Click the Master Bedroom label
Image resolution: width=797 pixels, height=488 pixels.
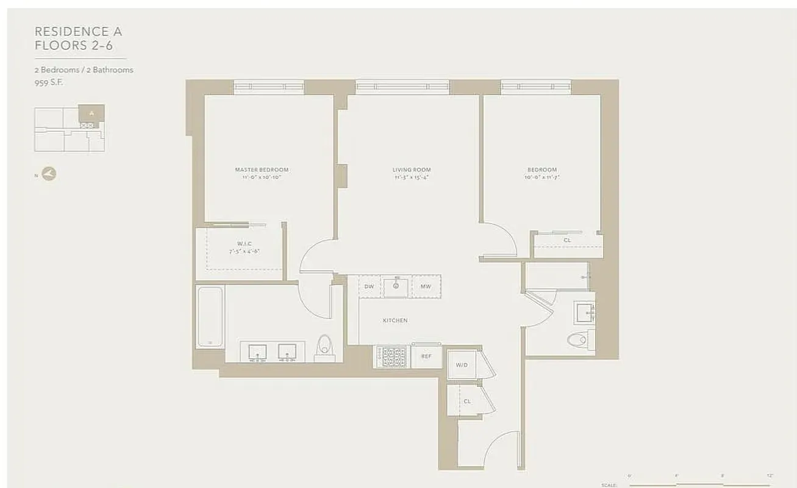262,170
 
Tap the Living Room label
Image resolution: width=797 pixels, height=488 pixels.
412,170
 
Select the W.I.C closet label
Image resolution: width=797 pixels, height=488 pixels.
244,243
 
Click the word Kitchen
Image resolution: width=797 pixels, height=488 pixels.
395,320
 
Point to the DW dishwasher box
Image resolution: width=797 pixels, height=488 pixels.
369,286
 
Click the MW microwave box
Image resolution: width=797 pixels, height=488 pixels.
426,286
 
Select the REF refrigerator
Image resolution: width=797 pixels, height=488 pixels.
426,357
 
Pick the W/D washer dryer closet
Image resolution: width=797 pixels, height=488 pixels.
462,365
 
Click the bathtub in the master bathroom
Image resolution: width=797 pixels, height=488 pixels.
210,316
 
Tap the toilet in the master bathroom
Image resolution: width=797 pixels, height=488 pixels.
324,348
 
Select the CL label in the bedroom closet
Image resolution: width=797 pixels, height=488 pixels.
567,240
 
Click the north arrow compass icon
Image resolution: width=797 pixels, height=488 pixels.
49,174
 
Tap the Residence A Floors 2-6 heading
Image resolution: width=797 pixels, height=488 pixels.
78,38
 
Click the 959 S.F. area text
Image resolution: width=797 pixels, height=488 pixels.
49,82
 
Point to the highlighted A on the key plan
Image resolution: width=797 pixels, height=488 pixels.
91,113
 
